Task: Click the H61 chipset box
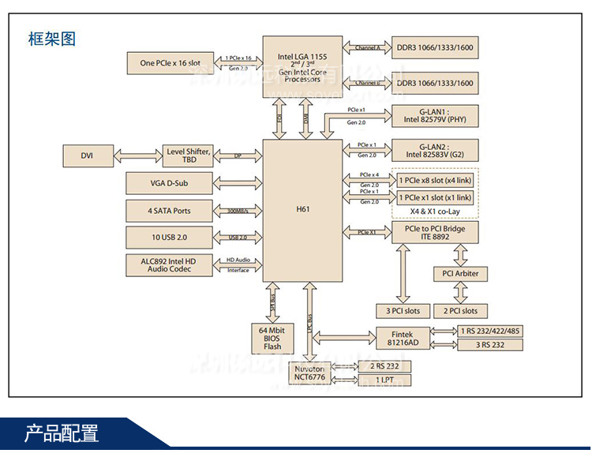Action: pyautogui.click(x=302, y=211)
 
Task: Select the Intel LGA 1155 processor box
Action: pyautogui.click(x=302, y=66)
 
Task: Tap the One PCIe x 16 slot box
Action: pyautogui.click(x=170, y=62)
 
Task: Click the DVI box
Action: pyautogui.click(x=87, y=155)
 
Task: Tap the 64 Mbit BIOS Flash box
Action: pyautogui.click(x=272, y=337)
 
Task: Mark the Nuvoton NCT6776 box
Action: pyautogui.click(x=309, y=373)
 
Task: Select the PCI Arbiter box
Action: pyautogui.click(x=460, y=274)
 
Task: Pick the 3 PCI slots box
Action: pyautogui.click(x=403, y=310)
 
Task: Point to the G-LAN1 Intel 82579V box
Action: pyautogui.click(x=436, y=116)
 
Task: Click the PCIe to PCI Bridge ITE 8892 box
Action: pyautogui.click(x=436, y=233)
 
